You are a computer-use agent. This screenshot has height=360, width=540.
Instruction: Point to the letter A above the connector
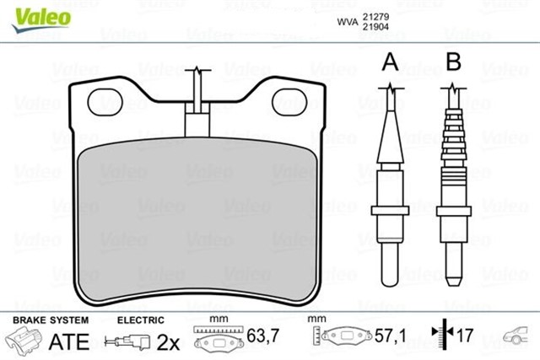coord(389,62)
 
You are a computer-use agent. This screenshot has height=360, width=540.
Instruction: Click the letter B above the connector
coord(453,62)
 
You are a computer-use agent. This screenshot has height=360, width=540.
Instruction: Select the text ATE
coord(68,341)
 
